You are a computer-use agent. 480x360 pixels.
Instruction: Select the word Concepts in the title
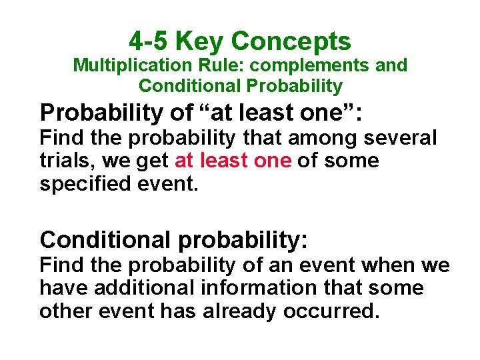click(x=291, y=41)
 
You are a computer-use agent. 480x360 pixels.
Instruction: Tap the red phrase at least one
click(x=233, y=161)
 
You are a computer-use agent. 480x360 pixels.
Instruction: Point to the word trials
click(x=63, y=161)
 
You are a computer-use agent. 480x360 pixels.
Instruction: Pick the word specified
click(x=79, y=183)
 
